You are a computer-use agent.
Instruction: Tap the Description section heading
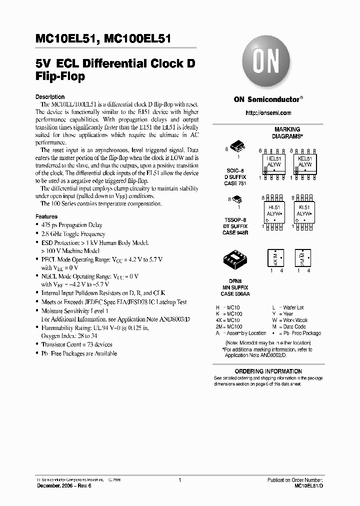point(50,97)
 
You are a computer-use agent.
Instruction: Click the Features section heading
point(46,217)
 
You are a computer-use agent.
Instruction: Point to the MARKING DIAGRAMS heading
point(287,132)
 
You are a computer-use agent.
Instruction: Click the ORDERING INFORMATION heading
point(268,371)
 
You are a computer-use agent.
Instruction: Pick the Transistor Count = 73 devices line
point(76,344)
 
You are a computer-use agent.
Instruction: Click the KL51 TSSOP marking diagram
point(304,213)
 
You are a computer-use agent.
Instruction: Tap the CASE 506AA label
point(234,294)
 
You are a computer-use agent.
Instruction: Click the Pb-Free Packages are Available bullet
point(78,353)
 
